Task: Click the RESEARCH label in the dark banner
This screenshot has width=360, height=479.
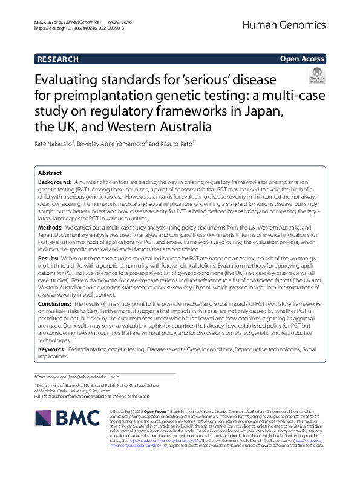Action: coord(58,59)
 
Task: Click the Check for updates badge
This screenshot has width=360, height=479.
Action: coord(317,76)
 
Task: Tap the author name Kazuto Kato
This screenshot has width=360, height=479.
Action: coord(172,144)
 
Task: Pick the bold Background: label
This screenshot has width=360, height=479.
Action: coord(55,182)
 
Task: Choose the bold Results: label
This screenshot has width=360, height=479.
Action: coord(50,258)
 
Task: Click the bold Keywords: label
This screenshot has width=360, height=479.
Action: coord(53,350)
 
